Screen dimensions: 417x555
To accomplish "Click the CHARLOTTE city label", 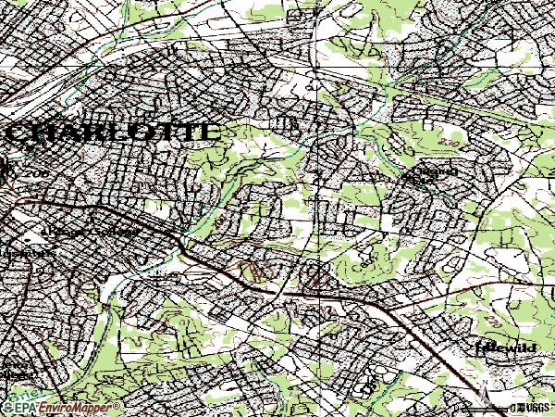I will (x=113, y=132).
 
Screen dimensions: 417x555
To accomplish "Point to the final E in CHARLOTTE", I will (x=210, y=132).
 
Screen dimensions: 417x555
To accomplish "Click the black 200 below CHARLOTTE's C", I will (x=39, y=173).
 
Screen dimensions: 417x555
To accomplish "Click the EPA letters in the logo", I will (x=24, y=408).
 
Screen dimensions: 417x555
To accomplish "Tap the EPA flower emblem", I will (x=6, y=408).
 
